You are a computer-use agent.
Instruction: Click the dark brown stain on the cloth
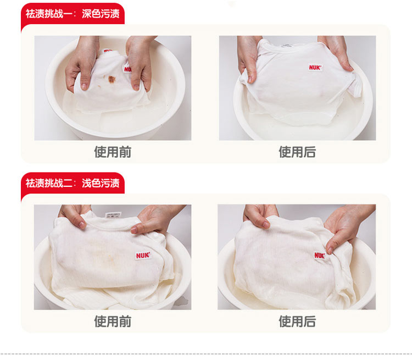coord(112,79)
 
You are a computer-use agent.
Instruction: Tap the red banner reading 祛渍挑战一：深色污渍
coord(73,14)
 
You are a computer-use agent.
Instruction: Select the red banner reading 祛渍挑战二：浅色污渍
coord(73,183)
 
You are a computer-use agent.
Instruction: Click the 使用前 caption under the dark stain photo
coord(113,152)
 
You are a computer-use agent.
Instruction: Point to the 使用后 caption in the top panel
coord(297,152)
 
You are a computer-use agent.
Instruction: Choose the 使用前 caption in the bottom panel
coord(113,322)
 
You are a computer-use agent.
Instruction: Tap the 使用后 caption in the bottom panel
coord(297,322)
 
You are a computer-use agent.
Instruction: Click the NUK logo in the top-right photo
coord(315,67)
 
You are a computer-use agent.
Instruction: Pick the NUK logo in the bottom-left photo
coord(143,256)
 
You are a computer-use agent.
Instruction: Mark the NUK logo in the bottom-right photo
coord(320,256)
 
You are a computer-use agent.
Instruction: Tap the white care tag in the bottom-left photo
coord(113,215)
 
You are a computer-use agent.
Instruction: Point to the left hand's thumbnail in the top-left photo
coord(85,86)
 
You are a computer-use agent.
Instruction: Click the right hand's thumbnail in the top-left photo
coord(136,87)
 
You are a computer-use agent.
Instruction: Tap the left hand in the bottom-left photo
coord(75,215)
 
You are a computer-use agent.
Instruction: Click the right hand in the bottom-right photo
coord(347,226)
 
